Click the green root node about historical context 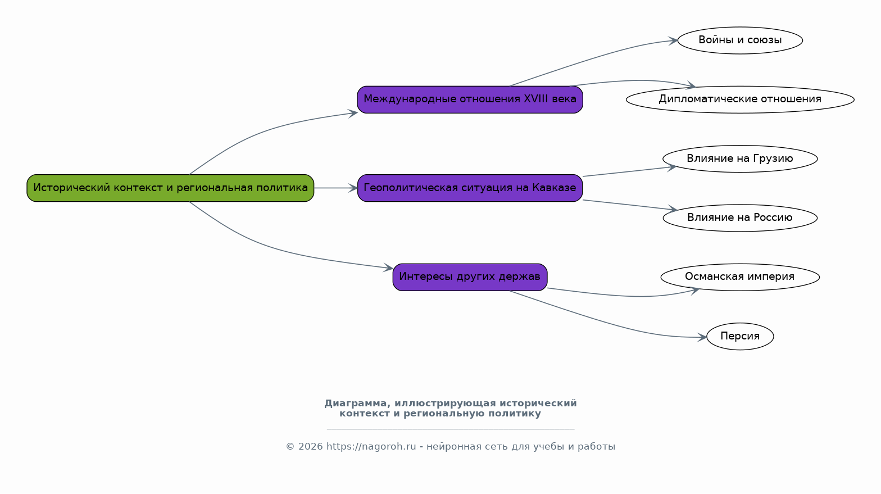pyautogui.click(x=170, y=188)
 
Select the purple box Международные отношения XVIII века pyautogui.click(x=470, y=99)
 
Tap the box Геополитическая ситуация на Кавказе pyautogui.click(x=470, y=188)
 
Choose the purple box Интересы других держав pyautogui.click(x=470, y=277)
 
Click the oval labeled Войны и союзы pyautogui.click(x=740, y=40)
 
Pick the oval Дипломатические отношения pyautogui.click(x=740, y=99)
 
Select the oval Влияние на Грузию pyautogui.click(x=740, y=158)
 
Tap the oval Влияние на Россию pyautogui.click(x=740, y=218)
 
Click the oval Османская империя pyautogui.click(x=740, y=277)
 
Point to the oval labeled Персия pyautogui.click(x=740, y=336)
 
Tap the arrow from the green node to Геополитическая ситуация pyautogui.click(x=335, y=188)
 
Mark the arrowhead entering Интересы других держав pyautogui.click(x=388, y=268)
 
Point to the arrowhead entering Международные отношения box pyautogui.click(x=352, y=114)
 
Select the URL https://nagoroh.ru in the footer pyautogui.click(x=371, y=447)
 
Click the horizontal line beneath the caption pyautogui.click(x=451, y=428)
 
